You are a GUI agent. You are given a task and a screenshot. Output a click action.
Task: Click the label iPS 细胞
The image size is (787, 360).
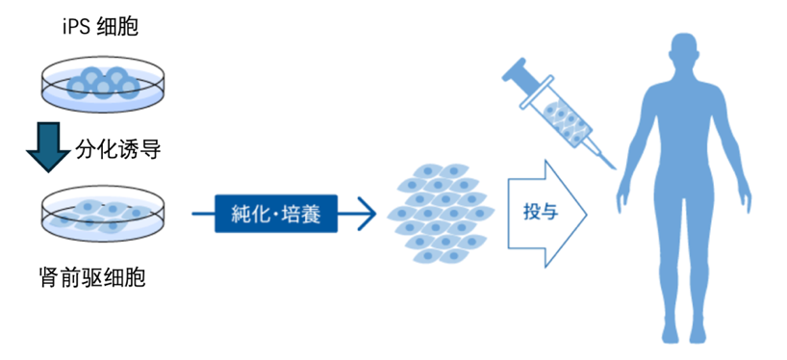pos(100,29)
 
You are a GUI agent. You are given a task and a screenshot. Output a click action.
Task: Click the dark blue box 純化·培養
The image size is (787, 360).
pos(280,214)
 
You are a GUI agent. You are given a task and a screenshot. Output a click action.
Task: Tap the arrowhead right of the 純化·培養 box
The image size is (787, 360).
pos(363,214)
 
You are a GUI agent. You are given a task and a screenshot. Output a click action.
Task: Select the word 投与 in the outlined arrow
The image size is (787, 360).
pos(538,213)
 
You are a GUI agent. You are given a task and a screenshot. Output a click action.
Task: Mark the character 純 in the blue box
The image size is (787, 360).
pos(246,214)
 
